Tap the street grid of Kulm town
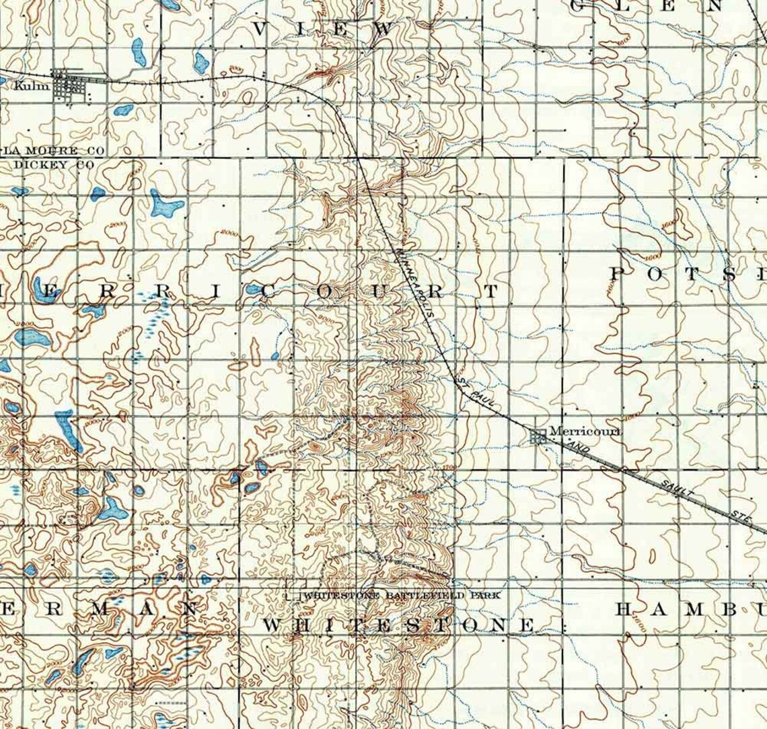tap(67, 85)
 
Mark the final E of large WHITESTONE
tap(526, 625)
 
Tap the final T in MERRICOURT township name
tap(492, 291)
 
